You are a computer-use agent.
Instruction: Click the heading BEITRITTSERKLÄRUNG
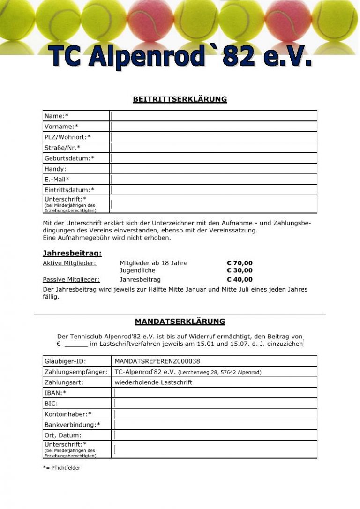pos(180,99)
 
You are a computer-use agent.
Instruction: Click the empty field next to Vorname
pos(214,127)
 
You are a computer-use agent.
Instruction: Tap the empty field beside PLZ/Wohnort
pos(214,137)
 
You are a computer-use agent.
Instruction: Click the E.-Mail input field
pos(214,180)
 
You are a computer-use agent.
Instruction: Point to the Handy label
pos(55,169)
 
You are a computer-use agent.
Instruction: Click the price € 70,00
pos(240,263)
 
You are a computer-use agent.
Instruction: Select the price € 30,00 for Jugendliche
pos(240,270)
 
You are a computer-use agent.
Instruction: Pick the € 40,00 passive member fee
pos(240,280)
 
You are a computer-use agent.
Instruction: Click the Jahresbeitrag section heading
pos(72,254)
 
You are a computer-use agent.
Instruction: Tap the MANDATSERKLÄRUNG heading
pos(180,322)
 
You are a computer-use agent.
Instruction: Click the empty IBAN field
pos(215,393)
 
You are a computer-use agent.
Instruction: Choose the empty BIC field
pos(215,404)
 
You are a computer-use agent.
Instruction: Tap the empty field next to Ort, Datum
pos(215,435)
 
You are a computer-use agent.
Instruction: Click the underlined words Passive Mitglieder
pos(71,280)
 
